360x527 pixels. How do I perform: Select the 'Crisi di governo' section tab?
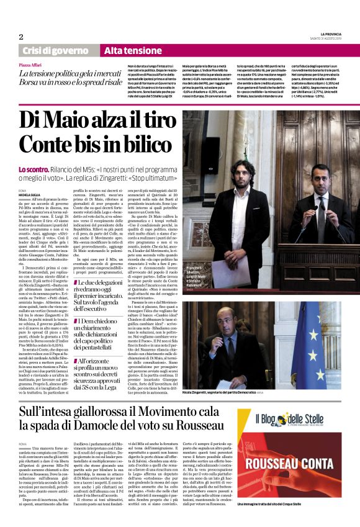tap(55, 50)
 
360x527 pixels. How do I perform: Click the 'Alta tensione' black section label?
tap(132, 50)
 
